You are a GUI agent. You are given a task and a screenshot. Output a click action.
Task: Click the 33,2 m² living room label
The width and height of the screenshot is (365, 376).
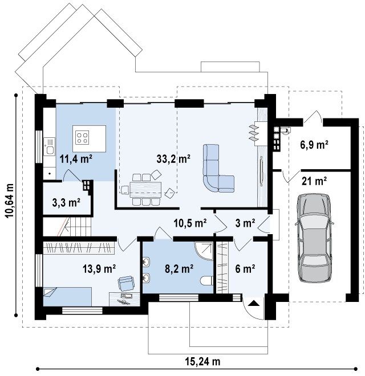click(173, 158)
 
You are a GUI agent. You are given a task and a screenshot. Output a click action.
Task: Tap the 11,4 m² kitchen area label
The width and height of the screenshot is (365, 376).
click(76, 159)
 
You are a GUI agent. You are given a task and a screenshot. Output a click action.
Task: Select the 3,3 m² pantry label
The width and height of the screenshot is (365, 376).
click(66, 203)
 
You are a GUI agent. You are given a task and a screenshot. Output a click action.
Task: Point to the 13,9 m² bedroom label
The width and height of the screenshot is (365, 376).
click(99, 268)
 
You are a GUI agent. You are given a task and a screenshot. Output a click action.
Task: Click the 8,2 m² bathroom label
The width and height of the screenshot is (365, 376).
click(179, 268)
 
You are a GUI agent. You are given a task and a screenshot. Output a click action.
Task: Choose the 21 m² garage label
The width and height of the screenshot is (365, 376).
click(314, 181)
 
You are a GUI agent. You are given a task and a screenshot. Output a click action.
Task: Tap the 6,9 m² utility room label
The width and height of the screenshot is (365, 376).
click(314, 145)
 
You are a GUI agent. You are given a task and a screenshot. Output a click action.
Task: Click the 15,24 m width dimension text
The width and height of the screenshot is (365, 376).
click(202, 361)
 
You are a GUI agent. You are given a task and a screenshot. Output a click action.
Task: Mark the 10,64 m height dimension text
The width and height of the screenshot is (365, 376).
click(10, 201)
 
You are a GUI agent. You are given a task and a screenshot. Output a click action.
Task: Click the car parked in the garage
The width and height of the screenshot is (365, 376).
click(314, 238)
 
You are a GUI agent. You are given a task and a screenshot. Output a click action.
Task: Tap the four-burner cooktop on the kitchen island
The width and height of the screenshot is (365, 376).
click(82, 138)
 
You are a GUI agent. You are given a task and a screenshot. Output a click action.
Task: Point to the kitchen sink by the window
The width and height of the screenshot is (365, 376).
click(50, 147)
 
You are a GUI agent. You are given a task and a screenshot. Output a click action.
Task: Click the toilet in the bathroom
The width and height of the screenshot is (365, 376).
click(206, 280)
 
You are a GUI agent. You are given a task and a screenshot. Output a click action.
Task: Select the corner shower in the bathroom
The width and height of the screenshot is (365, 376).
click(204, 251)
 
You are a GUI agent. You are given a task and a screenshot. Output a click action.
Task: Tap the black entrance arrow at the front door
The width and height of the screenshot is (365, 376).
click(254, 303)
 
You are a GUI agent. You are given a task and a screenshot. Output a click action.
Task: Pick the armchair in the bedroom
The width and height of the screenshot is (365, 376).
click(126, 283)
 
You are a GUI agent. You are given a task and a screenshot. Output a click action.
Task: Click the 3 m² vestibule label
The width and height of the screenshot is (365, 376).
click(245, 223)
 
